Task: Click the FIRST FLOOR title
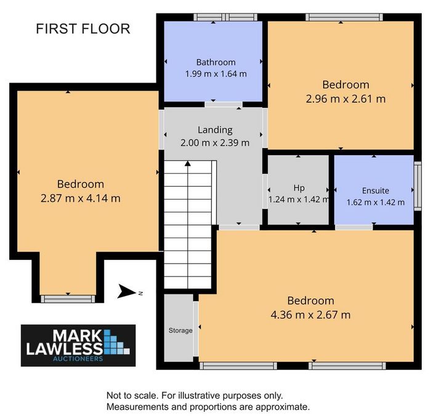(83, 29)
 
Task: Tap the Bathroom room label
(216, 62)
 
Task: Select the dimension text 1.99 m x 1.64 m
(216, 74)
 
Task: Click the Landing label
(215, 130)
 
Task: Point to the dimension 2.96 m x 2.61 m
(346, 98)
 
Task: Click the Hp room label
(299, 188)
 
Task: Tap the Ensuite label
(376, 191)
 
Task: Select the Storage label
(180, 331)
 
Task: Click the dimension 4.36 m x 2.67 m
(310, 315)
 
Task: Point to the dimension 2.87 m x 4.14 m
(81, 198)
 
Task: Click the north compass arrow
(127, 291)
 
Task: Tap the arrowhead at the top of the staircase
(188, 164)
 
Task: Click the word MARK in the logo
(77, 336)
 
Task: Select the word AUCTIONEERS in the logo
(78, 359)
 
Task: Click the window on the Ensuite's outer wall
(417, 186)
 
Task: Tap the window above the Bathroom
(225, 17)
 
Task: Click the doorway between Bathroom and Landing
(224, 105)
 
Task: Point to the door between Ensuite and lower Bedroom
(354, 227)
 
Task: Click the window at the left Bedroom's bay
(68, 299)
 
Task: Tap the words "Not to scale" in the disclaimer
(132, 396)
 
